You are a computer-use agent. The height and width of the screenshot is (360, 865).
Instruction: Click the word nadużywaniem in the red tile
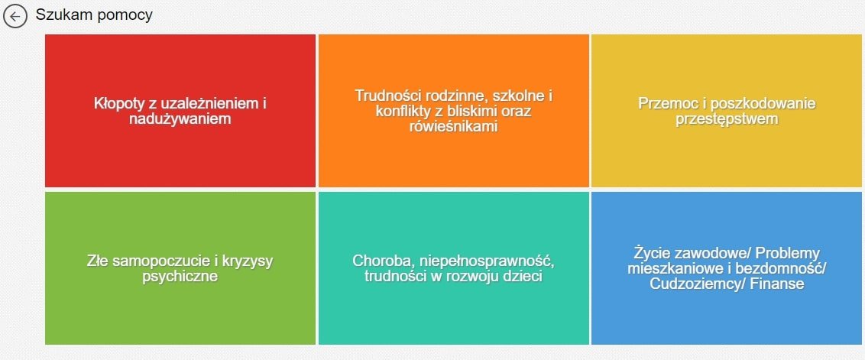[180, 118]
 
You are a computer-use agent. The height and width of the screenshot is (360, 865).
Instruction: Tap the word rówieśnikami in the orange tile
[453, 126]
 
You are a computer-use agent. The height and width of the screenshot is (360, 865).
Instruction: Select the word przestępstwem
[727, 119]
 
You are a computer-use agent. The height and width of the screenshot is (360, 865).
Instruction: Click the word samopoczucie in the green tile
[161, 261]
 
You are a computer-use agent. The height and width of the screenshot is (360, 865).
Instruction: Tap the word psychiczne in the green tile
[180, 277]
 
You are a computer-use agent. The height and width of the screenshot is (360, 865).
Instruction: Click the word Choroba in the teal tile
[383, 261]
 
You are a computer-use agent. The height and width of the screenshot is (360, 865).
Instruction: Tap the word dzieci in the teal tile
[521, 276]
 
